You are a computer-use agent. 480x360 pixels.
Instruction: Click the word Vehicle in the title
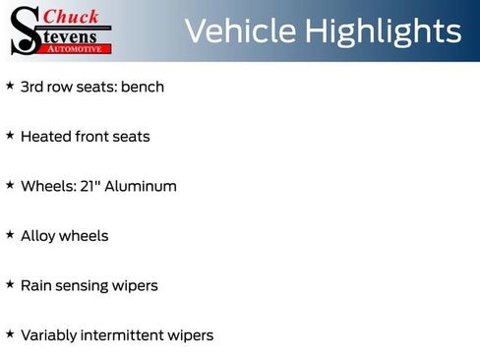click(x=239, y=31)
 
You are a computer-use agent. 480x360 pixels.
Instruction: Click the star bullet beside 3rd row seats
click(x=10, y=86)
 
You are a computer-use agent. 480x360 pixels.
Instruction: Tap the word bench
click(x=143, y=87)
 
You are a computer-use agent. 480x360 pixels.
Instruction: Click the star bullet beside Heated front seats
click(x=10, y=135)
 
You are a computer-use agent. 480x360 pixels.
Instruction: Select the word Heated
click(x=45, y=136)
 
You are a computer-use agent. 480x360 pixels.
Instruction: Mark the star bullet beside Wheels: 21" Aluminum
click(x=10, y=185)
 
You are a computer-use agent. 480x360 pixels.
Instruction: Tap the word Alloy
click(x=38, y=236)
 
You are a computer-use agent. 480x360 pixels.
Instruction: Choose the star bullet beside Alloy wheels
click(x=10, y=235)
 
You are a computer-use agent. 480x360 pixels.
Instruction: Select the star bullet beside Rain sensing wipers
click(x=10, y=284)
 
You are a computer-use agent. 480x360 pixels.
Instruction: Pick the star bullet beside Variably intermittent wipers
click(x=10, y=334)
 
